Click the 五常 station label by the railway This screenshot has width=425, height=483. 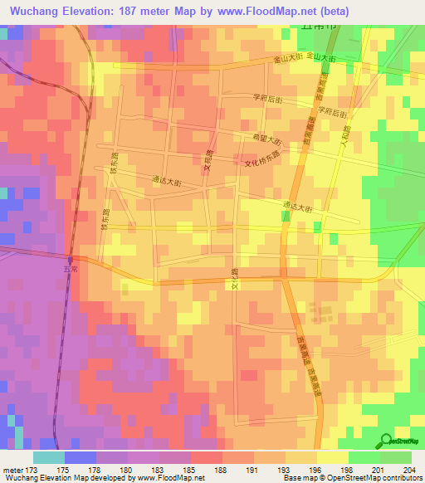[70, 269]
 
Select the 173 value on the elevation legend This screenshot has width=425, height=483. [32, 469]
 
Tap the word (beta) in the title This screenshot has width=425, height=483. [334, 12]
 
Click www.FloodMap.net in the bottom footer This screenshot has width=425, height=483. [173, 478]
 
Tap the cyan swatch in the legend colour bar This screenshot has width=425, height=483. [48, 456]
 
